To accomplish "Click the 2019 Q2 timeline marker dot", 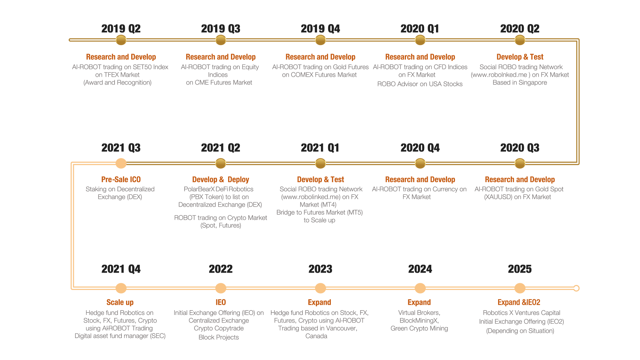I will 121,40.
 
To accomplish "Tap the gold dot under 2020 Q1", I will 420,40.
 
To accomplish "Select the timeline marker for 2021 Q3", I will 121,163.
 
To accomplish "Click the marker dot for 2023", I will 321,288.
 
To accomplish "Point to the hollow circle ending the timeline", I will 576,288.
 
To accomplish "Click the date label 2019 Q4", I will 320,29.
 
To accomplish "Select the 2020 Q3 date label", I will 519,148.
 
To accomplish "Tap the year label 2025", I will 519,269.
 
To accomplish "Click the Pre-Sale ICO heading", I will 121,179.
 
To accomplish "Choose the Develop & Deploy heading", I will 221,179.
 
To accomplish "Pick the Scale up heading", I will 120,302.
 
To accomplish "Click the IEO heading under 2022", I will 221,302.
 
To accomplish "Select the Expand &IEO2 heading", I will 519,302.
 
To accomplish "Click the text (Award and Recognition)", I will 117,83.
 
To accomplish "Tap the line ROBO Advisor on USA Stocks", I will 420,84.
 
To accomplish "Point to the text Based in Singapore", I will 520,83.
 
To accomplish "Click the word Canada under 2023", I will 316,336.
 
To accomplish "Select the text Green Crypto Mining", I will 419,328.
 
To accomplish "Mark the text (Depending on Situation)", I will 520,331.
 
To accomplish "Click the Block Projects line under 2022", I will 219,337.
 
